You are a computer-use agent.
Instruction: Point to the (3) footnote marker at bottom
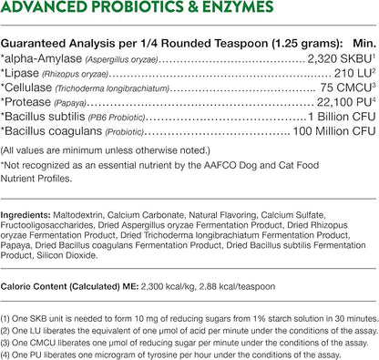7,336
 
